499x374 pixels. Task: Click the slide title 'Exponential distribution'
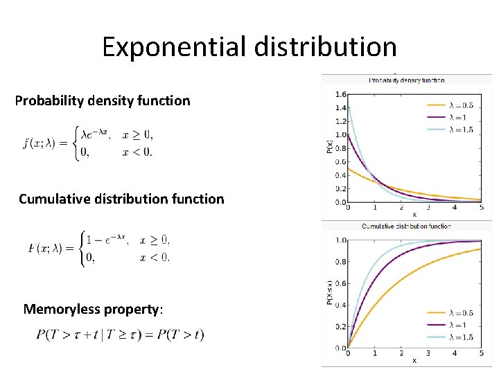[x=249, y=47]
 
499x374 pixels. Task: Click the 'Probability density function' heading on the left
[x=103, y=100]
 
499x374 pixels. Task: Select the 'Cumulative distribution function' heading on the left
[x=121, y=199]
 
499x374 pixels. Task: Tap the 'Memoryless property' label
[x=93, y=309]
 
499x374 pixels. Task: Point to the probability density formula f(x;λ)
[x=88, y=143]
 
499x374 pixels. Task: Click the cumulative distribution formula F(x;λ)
[x=99, y=248]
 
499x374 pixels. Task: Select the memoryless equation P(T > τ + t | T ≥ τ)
[x=120, y=335]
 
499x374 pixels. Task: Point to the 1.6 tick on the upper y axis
[x=340, y=94]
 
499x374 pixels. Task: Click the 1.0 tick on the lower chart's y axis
[x=340, y=240]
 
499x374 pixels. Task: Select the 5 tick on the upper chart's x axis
[x=481, y=207]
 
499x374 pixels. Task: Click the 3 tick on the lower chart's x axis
[x=428, y=353]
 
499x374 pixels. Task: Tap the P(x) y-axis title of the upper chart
[x=329, y=148]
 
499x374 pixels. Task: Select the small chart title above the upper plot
[x=406, y=80]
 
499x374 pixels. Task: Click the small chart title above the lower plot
[x=406, y=226]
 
